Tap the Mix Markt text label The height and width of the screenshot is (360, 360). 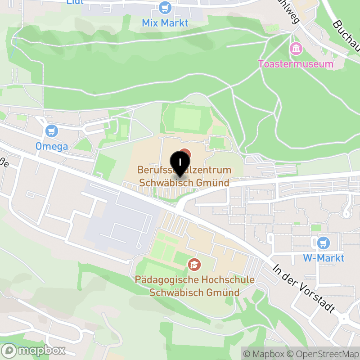pos(165,22)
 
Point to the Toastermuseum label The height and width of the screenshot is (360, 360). pos(296,63)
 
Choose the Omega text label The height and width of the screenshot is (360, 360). pos(52,146)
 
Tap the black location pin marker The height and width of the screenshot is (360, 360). pos(180,163)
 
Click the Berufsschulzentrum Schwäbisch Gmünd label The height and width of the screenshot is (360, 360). pos(184,176)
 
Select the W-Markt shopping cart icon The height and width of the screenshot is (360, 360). pos(324,243)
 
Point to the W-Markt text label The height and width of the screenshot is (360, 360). pos(324,258)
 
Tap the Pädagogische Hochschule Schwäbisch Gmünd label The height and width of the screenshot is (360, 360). pos(194,286)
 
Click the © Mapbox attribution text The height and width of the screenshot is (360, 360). pos(265,354)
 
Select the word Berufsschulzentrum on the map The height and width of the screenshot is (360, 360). pos(184,170)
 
